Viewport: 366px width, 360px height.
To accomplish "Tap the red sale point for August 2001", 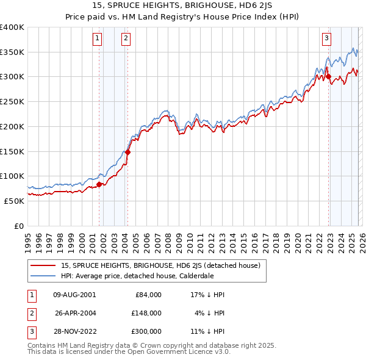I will point(99,184).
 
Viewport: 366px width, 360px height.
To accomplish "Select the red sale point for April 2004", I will point(127,153).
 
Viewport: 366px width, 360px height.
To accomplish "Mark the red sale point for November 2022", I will point(328,77).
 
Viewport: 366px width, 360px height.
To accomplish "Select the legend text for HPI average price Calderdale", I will point(137,275).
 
